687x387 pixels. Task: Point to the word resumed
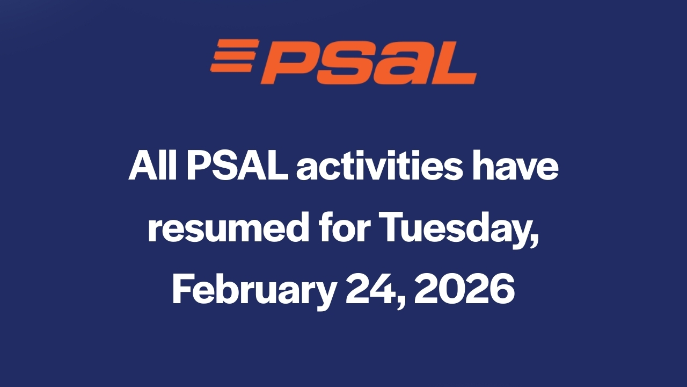pos(229,228)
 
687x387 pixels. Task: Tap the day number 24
pos(372,289)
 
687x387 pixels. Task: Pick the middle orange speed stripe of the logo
pos(235,55)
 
